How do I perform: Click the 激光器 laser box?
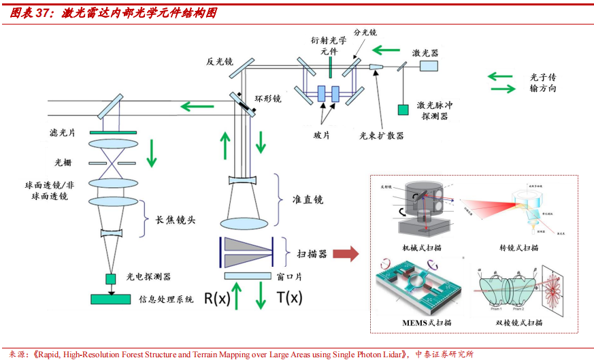point(429,65)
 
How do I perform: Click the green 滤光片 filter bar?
point(112,131)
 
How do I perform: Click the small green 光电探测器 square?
point(110,278)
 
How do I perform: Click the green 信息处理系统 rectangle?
point(112,299)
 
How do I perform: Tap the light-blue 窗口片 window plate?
point(248,276)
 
